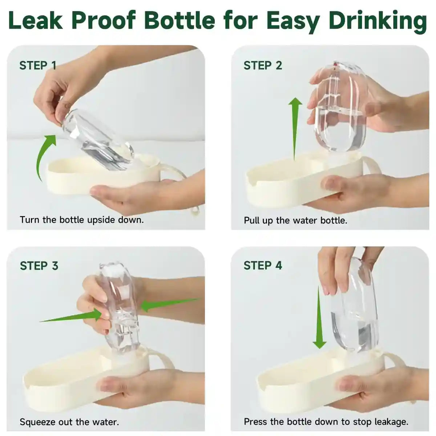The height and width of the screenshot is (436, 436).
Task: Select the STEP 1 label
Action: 38,65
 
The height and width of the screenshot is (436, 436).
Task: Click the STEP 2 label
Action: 263,65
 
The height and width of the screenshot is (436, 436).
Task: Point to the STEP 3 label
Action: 39,266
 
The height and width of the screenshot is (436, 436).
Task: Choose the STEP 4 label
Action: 263,266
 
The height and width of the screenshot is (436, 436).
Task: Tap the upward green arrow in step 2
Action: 295,127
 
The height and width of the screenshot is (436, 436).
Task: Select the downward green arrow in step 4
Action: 319,316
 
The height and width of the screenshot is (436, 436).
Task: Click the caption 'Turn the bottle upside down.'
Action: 82,220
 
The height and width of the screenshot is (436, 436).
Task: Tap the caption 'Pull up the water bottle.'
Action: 295,221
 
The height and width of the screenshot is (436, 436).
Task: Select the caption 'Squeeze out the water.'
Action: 69,422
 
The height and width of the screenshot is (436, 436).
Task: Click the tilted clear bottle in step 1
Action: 98,140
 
